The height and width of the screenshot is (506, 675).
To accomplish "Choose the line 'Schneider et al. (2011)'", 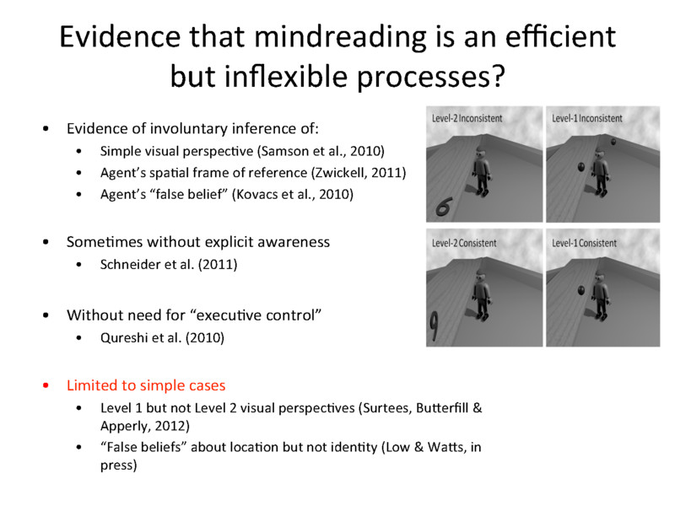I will coord(169,264).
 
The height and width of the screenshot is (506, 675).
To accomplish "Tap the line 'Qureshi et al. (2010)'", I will coord(162,338).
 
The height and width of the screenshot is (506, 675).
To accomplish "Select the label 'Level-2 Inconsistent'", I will coord(467,118).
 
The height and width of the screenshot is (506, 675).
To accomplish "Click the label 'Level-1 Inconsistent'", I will coord(587,118).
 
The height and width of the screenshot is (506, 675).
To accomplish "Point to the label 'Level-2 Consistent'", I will coord(464,243).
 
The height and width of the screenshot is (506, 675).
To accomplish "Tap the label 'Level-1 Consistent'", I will coord(585,243).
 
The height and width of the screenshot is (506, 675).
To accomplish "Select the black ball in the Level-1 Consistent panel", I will coord(581,291).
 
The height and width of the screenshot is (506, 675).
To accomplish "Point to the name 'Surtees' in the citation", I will coord(384,408).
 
